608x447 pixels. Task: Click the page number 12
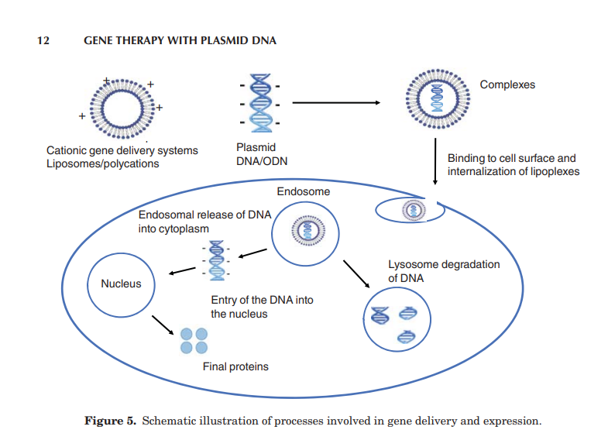click(x=43, y=40)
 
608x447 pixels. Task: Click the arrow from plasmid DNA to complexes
click(x=336, y=103)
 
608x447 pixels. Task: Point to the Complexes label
click(x=507, y=84)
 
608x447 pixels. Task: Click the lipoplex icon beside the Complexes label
click(x=435, y=101)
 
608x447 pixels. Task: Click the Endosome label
click(x=304, y=191)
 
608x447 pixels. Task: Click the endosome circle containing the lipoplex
click(x=309, y=229)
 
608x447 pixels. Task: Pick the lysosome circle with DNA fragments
click(x=397, y=318)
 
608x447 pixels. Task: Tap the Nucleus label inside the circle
click(x=121, y=284)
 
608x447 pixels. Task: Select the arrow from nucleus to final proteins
click(x=163, y=325)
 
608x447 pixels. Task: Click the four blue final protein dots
click(x=194, y=340)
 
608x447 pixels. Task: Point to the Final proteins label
click(x=235, y=366)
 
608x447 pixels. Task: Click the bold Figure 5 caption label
click(x=111, y=421)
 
